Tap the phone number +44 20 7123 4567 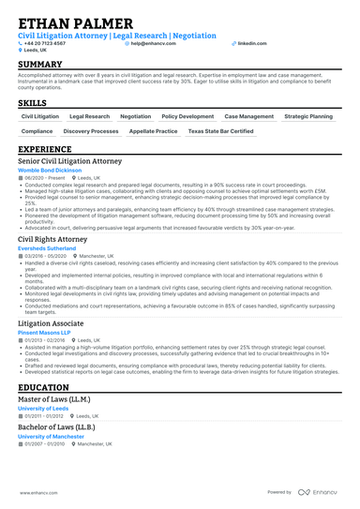(x=46, y=43)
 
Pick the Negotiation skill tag (x=135, y=116)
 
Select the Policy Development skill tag (x=187, y=116)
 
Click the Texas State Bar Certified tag (x=220, y=132)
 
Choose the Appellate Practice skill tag (x=154, y=132)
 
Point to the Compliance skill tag (x=37, y=132)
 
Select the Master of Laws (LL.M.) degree (x=53, y=399)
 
